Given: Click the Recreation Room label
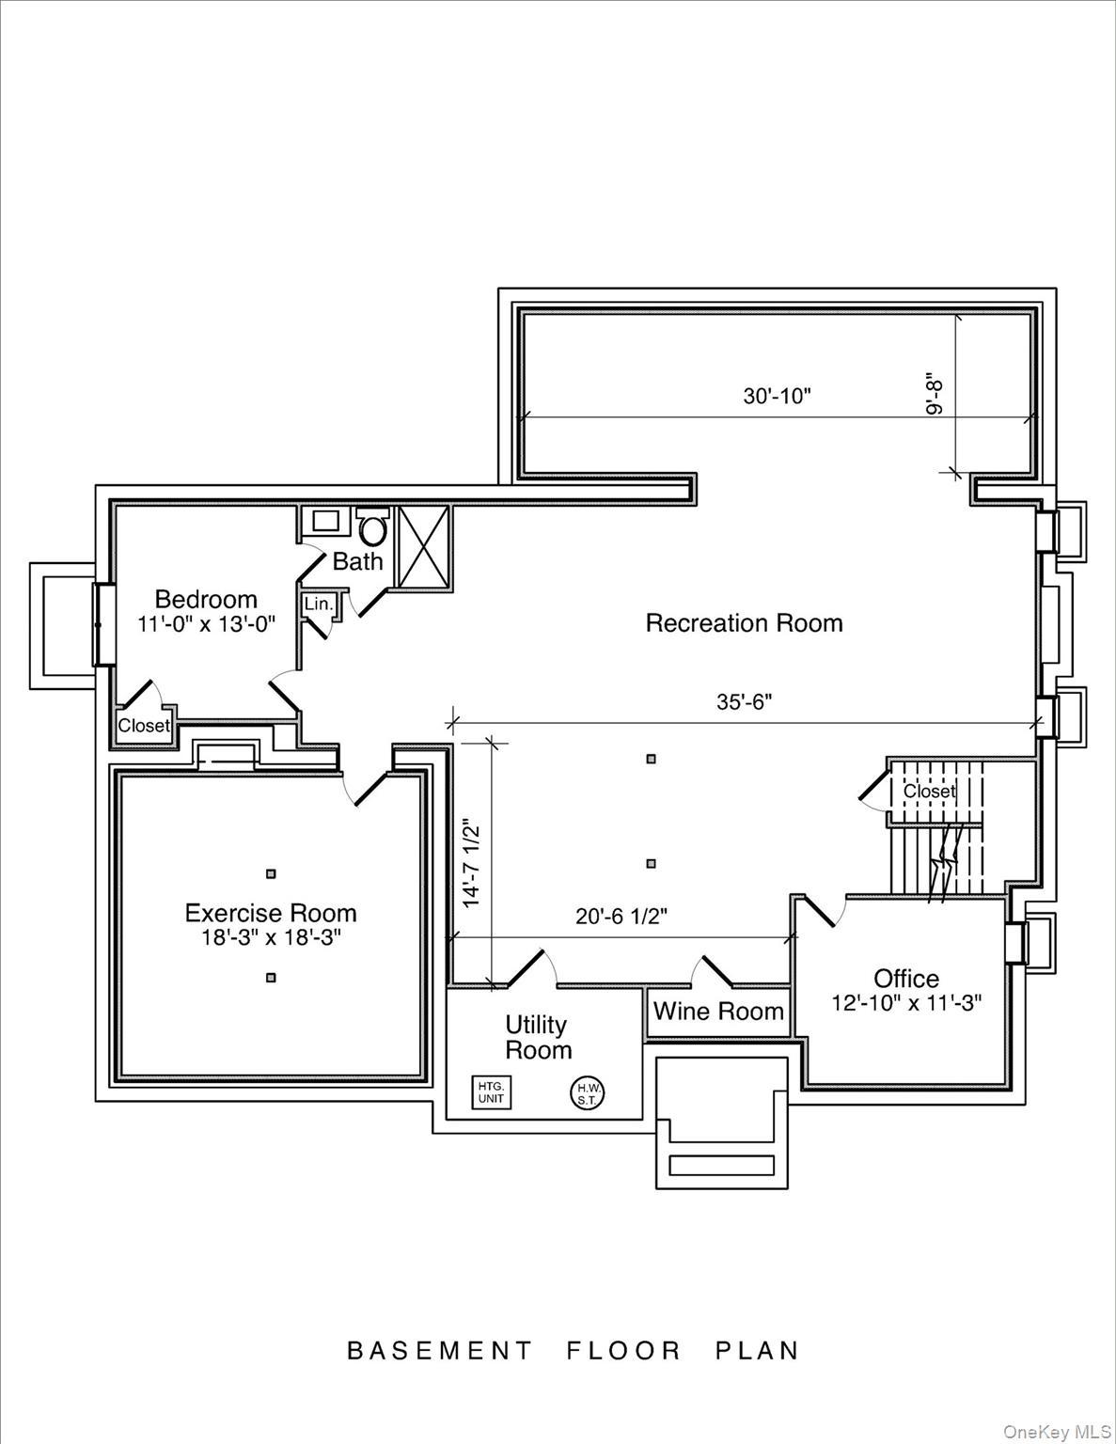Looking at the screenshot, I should click(744, 623).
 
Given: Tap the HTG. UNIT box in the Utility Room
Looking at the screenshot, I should click(492, 1092).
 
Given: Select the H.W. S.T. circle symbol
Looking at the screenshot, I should click(589, 1092).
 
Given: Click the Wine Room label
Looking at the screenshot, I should click(718, 1012).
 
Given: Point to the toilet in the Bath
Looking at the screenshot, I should click(373, 528).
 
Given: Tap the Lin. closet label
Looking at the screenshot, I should click(319, 604).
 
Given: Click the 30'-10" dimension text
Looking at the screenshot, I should click(777, 397).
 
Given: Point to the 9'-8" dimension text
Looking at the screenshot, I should click(935, 396).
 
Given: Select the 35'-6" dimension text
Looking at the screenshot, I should click(745, 702).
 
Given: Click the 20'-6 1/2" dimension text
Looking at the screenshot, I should click(621, 917).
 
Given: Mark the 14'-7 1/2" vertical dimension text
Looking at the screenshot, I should click(472, 864).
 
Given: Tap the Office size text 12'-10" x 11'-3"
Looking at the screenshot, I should click(906, 1003).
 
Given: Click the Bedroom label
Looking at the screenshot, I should click(206, 599).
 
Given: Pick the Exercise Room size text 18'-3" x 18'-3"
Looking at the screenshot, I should click(270, 937).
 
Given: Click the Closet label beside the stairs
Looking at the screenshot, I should click(929, 792).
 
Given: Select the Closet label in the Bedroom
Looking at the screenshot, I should click(144, 726).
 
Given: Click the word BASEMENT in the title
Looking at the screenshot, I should click(439, 1351).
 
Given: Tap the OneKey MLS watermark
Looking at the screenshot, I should click(1057, 1432).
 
